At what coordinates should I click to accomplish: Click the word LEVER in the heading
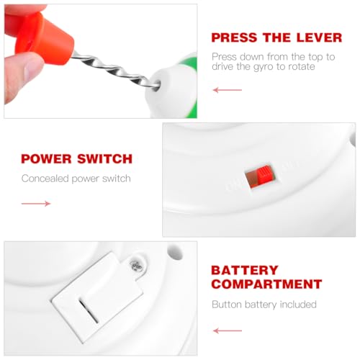[x=319, y=37]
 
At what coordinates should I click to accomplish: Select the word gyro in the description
[x=264, y=67]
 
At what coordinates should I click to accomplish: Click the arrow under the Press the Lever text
[x=228, y=90]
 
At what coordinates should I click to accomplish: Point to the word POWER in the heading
[x=46, y=159]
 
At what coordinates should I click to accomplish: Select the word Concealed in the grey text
[x=45, y=179]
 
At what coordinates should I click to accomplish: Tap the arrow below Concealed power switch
[x=36, y=204]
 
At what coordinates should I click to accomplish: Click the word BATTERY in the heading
[x=245, y=270]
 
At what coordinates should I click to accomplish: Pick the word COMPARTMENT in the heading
[x=266, y=284]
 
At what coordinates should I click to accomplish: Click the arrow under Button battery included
[x=228, y=330]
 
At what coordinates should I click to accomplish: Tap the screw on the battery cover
[x=136, y=266]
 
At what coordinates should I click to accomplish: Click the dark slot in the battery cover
[x=89, y=311]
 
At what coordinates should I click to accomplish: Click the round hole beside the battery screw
[x=174, y=252]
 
